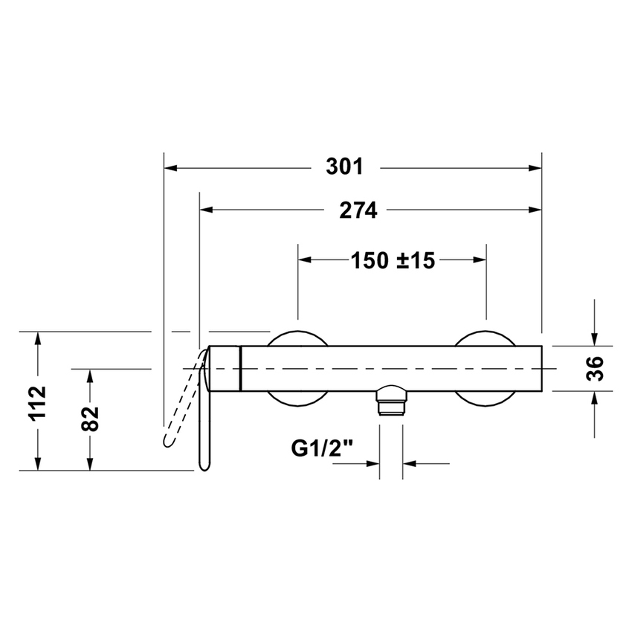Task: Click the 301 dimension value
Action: point(345,167)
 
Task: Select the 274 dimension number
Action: point(359,210)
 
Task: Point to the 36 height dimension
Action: point(595,368)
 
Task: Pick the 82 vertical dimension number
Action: point(90,419)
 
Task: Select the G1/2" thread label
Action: point(321,448)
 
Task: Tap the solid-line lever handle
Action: point(204,416)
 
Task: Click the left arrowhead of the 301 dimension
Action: point(170,168)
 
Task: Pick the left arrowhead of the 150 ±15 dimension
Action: point(304,260)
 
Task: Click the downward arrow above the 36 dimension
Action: point(595,337)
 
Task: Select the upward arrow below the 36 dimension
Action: point(595,401)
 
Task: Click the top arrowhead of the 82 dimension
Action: point(90,376)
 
